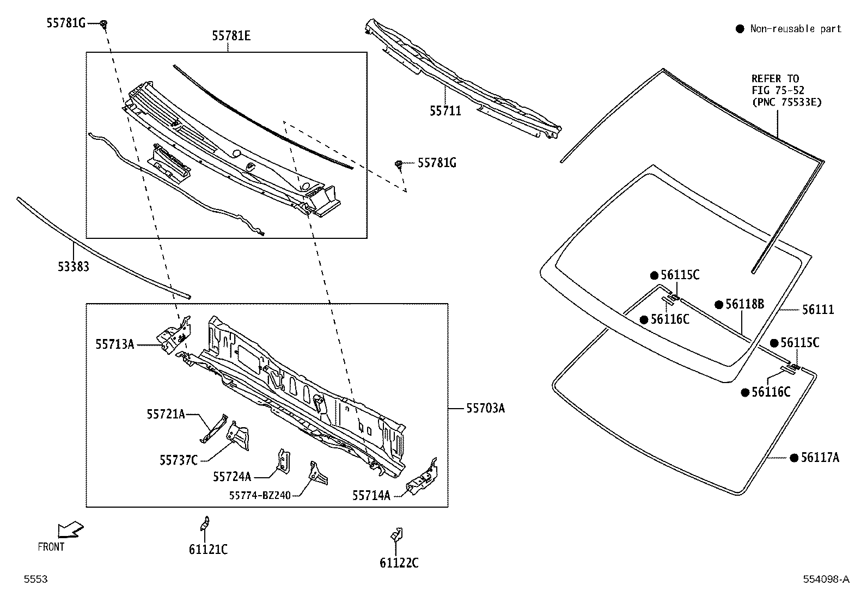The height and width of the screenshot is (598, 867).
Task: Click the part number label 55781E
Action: (231, 36)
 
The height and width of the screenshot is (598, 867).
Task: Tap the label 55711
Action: (445, 111)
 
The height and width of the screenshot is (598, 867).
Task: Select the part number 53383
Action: (74, 267)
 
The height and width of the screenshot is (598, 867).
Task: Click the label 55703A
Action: (485, 408)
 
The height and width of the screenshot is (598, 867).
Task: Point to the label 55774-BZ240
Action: (260, 495)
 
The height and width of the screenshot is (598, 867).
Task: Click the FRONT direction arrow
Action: (71, 529)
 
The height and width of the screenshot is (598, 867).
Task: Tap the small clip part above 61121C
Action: (205, 523)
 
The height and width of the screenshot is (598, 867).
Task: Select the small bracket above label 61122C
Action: (396, 534)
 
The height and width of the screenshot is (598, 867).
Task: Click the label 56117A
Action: (820, 458)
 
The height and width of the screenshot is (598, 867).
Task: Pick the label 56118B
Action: (744, 305)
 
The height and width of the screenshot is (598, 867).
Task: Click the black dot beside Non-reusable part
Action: (740, 29)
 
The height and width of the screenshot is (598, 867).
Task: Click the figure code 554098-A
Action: (826, 579)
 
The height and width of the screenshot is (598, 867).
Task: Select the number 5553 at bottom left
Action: (35, 579)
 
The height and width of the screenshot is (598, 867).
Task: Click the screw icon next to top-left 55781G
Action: (104, 23)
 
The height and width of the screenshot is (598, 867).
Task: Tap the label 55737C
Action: (178, 460)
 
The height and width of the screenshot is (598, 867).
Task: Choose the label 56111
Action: (817, 310)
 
